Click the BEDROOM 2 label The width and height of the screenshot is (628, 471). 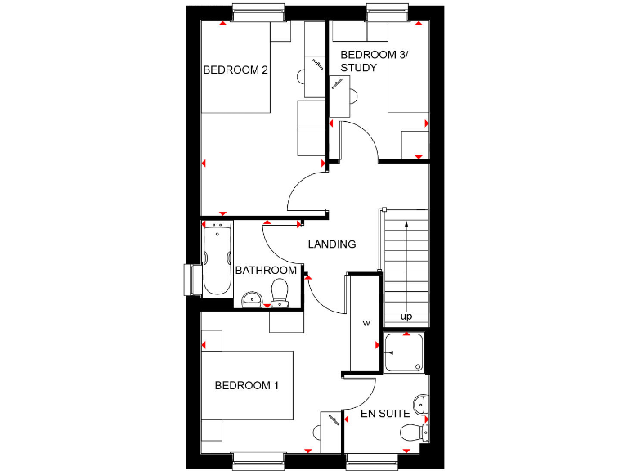click(235, 70)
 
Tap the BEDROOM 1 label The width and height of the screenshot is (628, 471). click(246, 385)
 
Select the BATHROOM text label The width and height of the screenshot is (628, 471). click(266, 270)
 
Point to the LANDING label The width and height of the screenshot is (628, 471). click(331, 244)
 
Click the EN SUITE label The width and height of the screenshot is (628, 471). click(385, 414)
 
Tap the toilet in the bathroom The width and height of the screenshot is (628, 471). click(280, 293)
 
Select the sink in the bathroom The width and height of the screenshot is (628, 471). click(251, 299)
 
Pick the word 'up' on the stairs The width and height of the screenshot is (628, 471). click(406, 316)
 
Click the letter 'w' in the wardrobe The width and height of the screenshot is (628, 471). click(366, 323)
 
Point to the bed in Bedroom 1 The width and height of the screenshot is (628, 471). click(246, 386)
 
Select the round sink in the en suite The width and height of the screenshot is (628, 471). click(420, 404)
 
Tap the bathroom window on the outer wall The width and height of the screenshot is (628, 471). click(190, 279)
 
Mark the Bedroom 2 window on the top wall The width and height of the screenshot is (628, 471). click(258, 11)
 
